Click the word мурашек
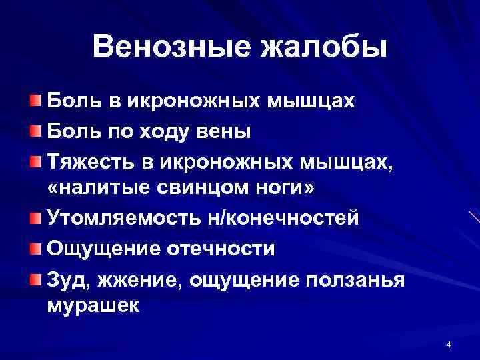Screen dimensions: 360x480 93,306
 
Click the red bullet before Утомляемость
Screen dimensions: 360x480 35,217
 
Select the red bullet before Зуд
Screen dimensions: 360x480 35,276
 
